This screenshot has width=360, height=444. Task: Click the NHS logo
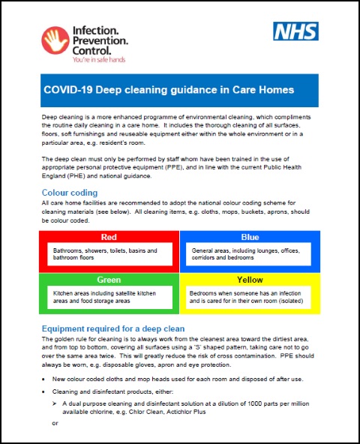tap(295, 31)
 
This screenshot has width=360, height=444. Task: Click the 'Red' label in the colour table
tap(109, 237)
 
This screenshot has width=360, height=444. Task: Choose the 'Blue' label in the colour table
tap(250, 237)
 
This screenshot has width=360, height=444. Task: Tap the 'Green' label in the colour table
tap(109, 279)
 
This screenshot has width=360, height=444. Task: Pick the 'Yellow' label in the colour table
tap(250, 279)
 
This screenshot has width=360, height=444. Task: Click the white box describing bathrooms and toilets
tap(109, 255)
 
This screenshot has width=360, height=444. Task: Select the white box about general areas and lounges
tap(250, 255)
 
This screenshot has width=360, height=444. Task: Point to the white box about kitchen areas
tap(109, 296)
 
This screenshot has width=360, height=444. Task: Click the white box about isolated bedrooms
tap(250, 296)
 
